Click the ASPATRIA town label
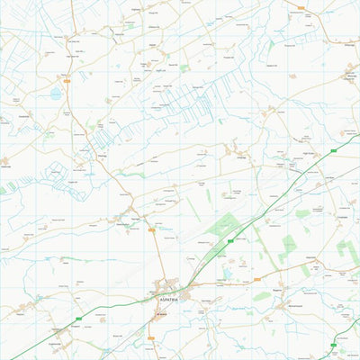click(x=168, y=298)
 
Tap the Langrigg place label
click(x=240, y=153)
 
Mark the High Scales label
click(x=310, y=154)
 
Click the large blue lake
click(x=56, y=93)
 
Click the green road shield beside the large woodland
click(x=232, y=240)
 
